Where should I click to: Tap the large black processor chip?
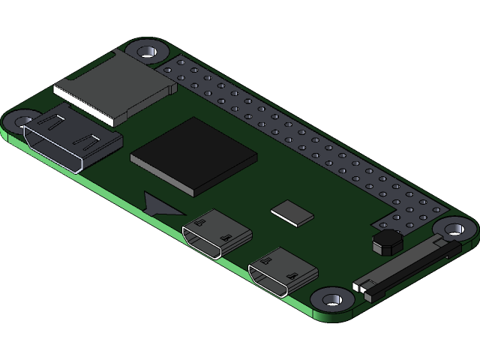(x=193, y=155)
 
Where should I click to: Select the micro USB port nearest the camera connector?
(x=283, y=271)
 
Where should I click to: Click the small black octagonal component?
(x=387, y=241)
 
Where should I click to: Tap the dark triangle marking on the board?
(x=160, y=203)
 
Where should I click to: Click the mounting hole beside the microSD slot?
(x=145, y=52)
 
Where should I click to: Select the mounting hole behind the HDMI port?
(x=22, y=119)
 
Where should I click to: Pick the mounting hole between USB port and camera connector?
(x=329, y=299)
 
